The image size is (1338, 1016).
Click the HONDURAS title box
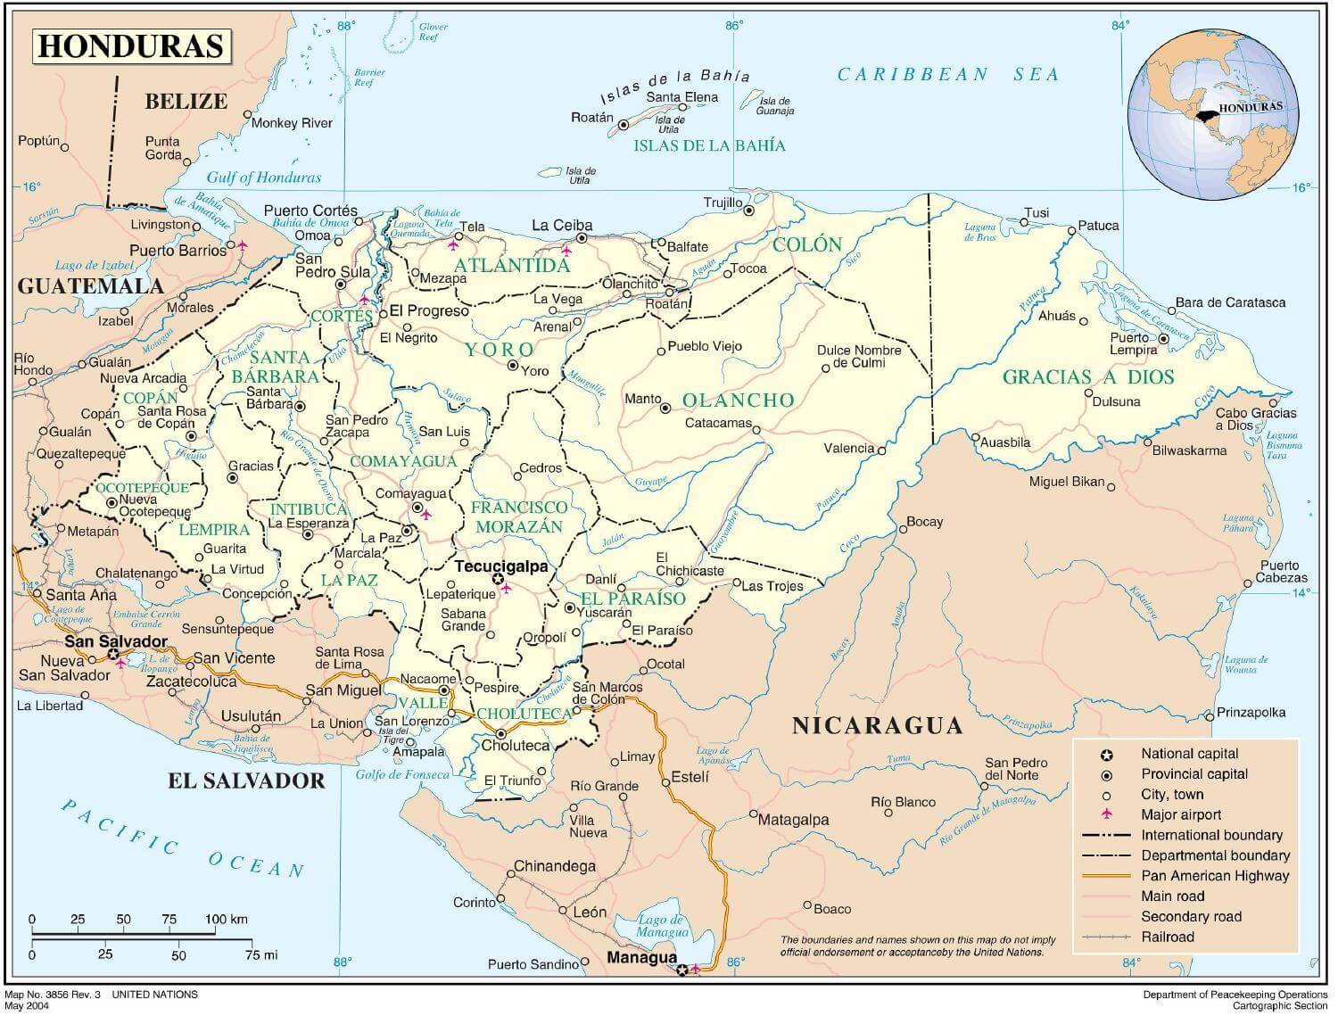[x=131, y=46]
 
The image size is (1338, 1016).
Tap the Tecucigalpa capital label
[x=500, y=566]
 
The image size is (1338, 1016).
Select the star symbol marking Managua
[x=682, y=970]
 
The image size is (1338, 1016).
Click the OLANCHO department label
[x=738, y=401]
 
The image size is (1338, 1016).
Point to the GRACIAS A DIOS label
[x=1087, y=377]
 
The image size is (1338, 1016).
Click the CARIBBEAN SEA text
[x=947, y=75]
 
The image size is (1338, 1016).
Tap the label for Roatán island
[x=592, y=118]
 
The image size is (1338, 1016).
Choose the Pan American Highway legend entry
[x=1214, y=876]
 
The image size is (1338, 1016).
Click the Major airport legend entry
[x=1181, y=814]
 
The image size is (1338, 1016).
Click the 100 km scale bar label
[x=226, y=919]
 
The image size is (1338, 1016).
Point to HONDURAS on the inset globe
[x=1250, y=107]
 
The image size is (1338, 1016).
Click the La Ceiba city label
[x=562, y=226]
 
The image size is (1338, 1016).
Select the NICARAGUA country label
[x=877, y=725]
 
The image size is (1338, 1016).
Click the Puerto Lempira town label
[x=1133, y=343]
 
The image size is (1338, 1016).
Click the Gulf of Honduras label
[x=263, y=178]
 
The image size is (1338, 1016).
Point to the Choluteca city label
[x=516, y=746]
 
